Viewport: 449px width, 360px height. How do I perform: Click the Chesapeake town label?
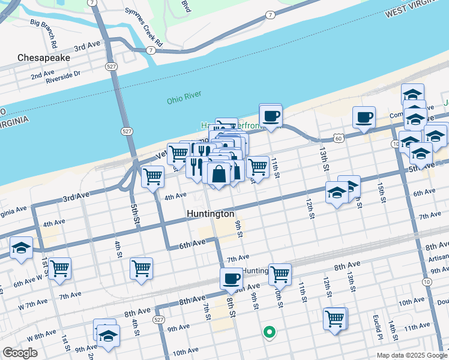click(44, 58)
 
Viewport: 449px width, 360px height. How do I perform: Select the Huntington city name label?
click(210, 214)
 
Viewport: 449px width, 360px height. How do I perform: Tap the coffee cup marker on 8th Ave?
click(231, 278)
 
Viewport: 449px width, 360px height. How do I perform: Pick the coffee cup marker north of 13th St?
click(364, 117)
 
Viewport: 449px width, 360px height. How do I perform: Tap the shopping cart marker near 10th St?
click(280, 274)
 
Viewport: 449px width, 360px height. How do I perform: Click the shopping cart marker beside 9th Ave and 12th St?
click(334, 318)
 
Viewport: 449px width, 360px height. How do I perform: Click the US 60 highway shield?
click(339, 139)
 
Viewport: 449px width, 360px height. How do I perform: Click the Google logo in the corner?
click(20, 353)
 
